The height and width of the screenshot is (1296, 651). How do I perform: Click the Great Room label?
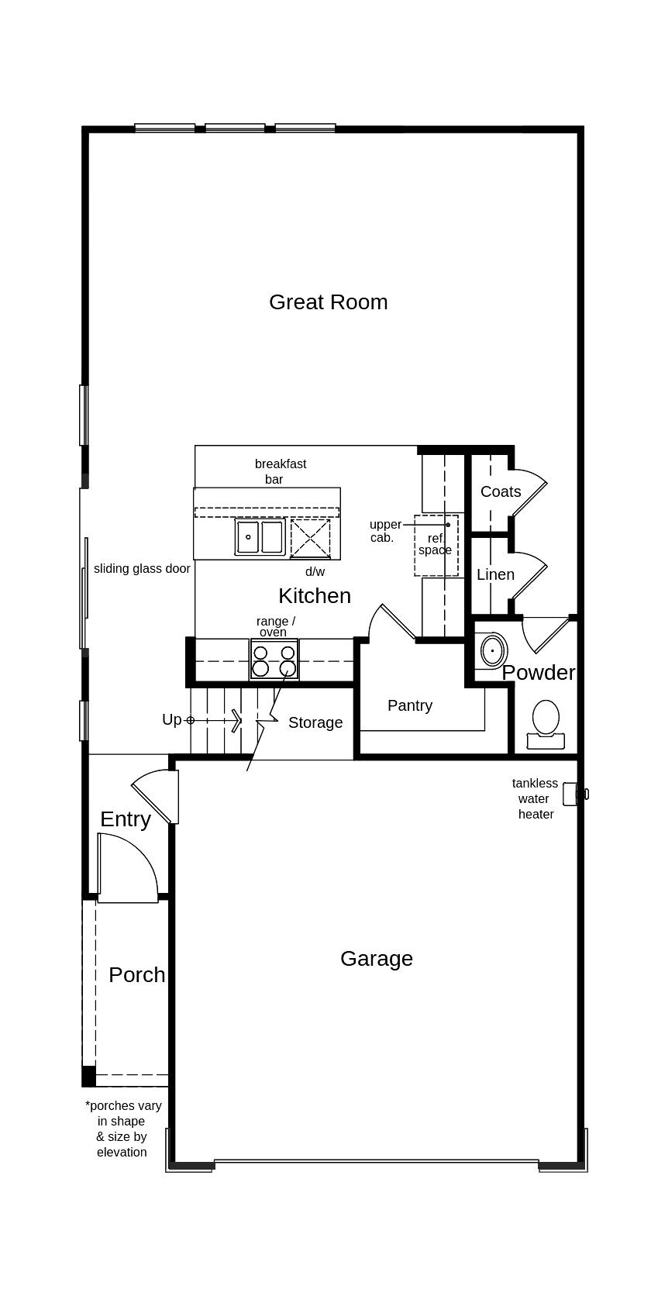(x=328, y=302)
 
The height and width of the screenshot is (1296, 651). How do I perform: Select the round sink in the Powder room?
(x=493, y=651)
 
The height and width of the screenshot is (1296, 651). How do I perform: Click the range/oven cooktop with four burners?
(x=274, y=660)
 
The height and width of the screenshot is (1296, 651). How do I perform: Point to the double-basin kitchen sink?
(x=260, y=537)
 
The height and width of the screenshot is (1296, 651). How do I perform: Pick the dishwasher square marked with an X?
(x=310, y=538)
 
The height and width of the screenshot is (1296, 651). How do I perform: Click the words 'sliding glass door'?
(x=142, y=568)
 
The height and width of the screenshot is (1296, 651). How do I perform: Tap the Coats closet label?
(x=501, y=491)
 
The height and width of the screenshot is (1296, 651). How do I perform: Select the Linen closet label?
(x=495, y=574)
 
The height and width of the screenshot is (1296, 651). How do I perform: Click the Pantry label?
(x=409, y=705)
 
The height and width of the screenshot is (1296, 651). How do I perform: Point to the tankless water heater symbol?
(x=572, y=794)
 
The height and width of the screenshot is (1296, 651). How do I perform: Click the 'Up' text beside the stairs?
(x=172, y=719)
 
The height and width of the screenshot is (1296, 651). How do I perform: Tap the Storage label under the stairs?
(x=315, y=722)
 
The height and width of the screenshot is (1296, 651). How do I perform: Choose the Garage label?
(x=376, y=958)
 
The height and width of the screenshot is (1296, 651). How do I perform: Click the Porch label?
(x=136, y=974)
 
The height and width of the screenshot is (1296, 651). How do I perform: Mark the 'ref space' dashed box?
(x=436, y=545)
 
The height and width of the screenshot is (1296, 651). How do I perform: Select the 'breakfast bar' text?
(x=280, y=471)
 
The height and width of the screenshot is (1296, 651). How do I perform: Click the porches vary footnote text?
(x=122, y=1129)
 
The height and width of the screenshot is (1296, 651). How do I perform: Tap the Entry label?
(x=125, y=819)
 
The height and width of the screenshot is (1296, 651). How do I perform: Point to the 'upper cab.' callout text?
(x=384, y=531)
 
